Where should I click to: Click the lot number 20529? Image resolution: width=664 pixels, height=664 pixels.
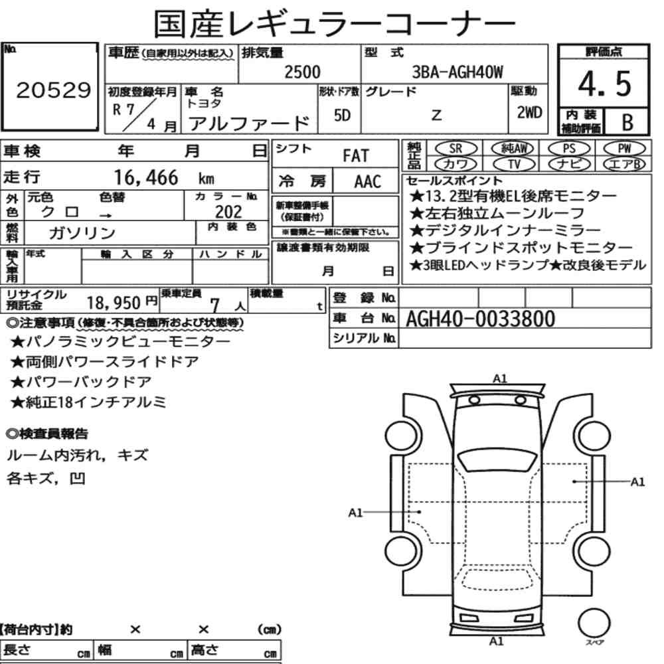(x=53, y=90)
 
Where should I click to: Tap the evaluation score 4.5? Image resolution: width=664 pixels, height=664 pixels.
(x=604, y=84)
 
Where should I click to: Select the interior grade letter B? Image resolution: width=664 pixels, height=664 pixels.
(x=627, y=122)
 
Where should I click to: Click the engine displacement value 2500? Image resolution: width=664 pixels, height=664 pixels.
(x=302, y=72)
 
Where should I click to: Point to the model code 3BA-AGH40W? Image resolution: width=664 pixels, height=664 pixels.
(x=457, y=72)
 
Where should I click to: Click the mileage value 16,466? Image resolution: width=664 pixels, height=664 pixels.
(x=146, y=177)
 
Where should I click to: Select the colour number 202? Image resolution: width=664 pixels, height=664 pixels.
(x=228, y=211)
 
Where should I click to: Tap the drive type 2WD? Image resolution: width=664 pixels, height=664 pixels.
(x=529, y=112)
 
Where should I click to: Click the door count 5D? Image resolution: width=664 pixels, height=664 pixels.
(x=342, y=115)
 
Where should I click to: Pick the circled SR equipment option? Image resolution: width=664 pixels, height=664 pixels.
(x=456, y=149)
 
